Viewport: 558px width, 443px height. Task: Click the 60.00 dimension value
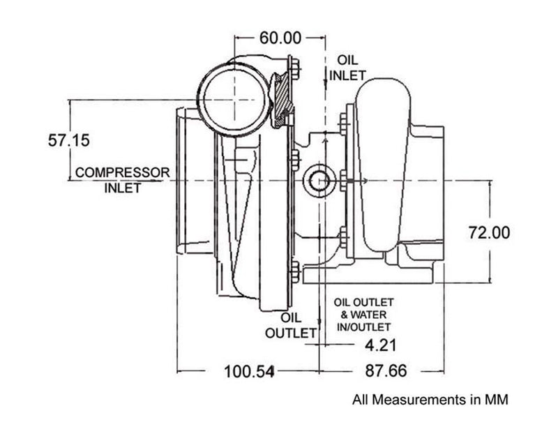point(280,38)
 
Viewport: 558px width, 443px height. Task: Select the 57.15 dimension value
point(68,140)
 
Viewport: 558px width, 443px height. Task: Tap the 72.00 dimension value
point(489,233)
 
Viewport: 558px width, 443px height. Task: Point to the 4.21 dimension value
point(380,345)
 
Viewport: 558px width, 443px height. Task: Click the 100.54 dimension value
point(249,371)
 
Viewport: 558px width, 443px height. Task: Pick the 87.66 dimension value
point(386,370)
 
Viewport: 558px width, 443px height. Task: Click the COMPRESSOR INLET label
point(123,180)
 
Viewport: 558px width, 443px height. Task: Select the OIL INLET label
point(347,68)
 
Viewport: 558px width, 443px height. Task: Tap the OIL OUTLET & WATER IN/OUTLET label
point(363,315)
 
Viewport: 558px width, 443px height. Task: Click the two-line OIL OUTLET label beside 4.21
point(291,325)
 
